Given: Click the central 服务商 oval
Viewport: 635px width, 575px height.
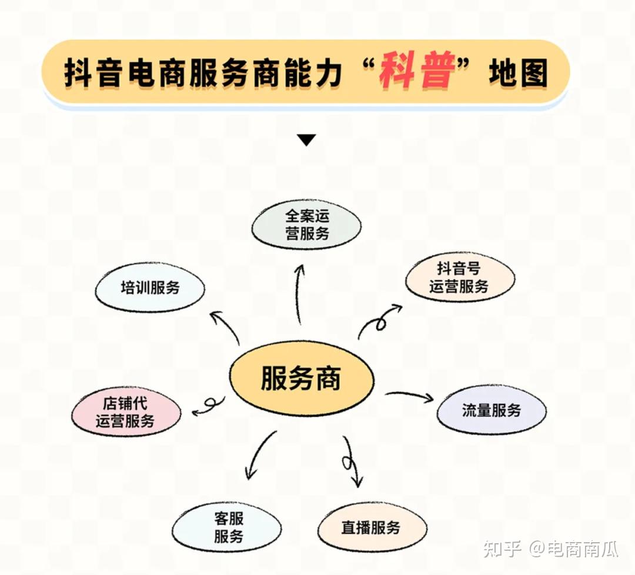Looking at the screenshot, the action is point(301,379).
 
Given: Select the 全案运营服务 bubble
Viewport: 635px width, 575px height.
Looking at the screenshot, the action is point(306,225).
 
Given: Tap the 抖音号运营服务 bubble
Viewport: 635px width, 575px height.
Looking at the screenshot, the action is point(459,278).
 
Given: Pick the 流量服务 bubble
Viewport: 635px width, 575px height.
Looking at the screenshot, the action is point(491,410).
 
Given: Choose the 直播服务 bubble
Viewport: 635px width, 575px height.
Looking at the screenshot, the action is point(372,527).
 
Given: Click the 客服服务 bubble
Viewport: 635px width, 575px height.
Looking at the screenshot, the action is point(228,527).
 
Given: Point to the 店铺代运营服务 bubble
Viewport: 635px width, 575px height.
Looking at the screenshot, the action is point(126,412).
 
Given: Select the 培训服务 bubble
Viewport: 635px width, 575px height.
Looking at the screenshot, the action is point(150,288).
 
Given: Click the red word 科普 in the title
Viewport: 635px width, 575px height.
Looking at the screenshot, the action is point(417,74).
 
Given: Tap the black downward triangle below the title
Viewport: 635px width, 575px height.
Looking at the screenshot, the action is point(306,140).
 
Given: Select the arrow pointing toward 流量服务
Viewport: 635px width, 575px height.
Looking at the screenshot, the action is point(410,396).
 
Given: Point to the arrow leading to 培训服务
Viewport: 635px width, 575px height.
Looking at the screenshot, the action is point(226,327).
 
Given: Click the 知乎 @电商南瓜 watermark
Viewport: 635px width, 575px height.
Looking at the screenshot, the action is point(550,550).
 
